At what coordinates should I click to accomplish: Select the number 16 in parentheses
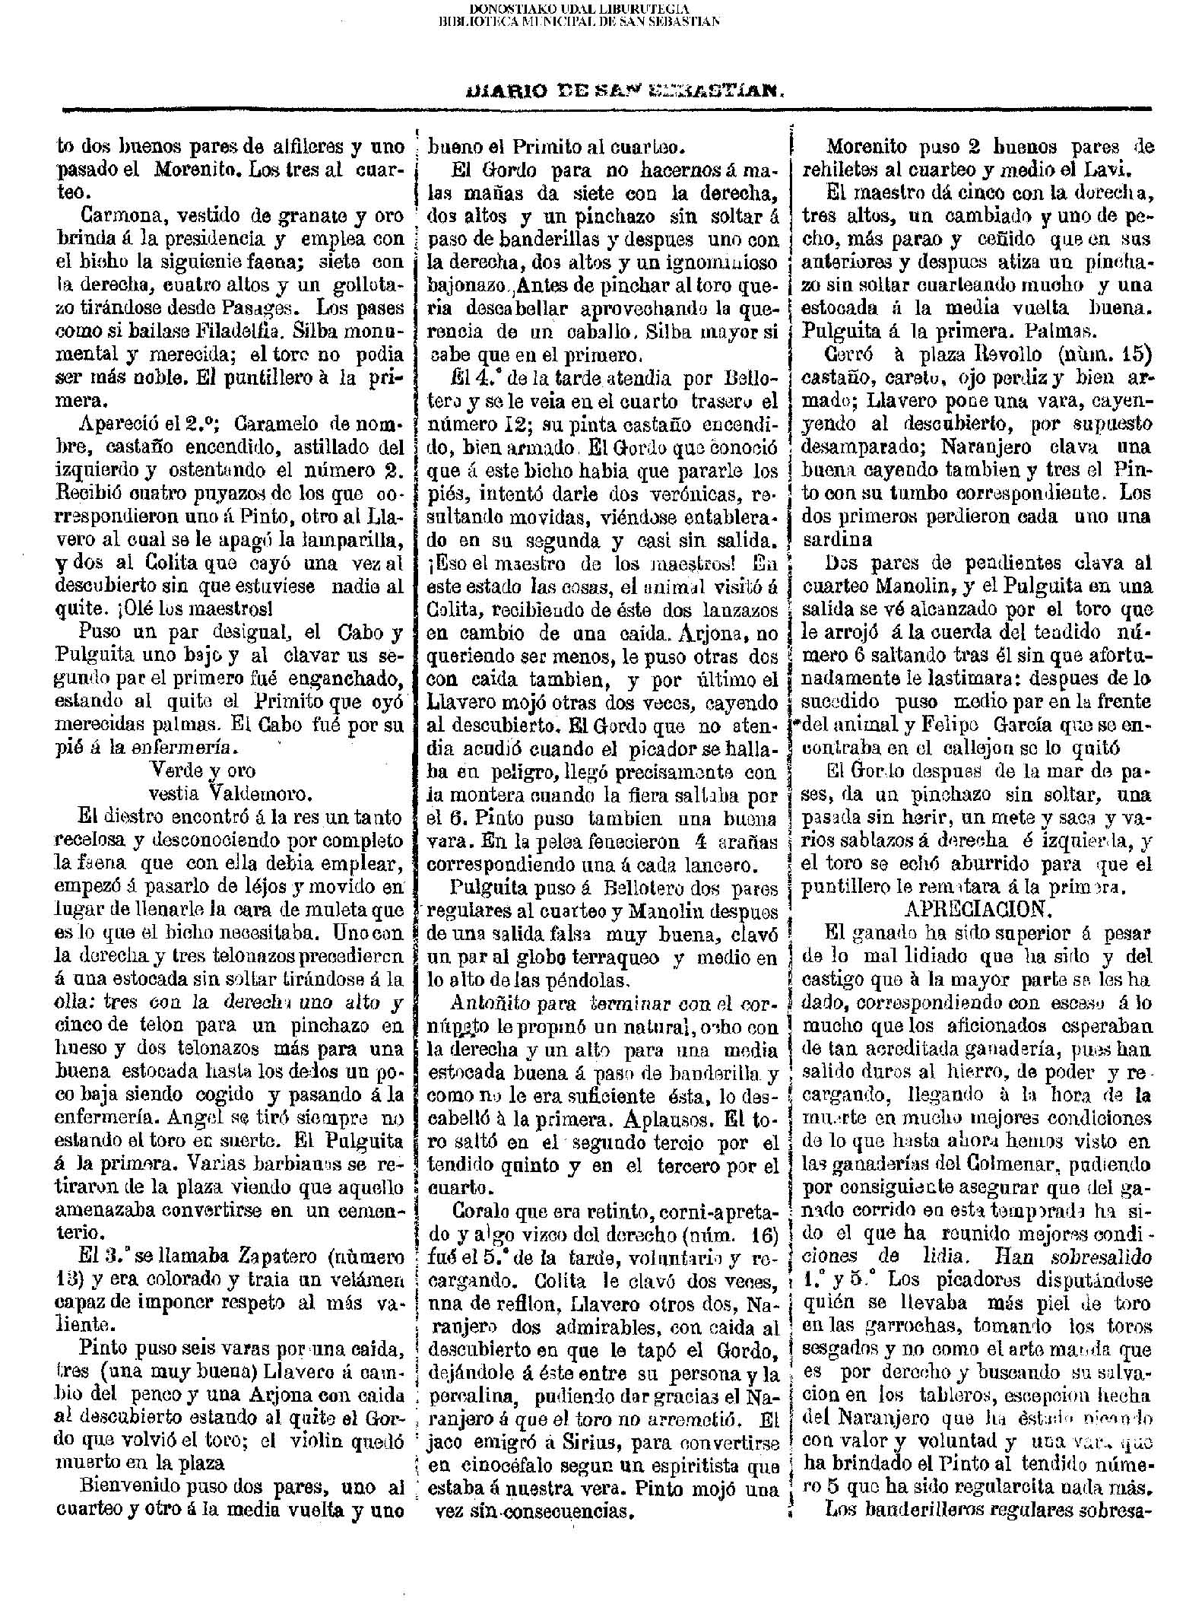click(x=755, y=1233)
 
